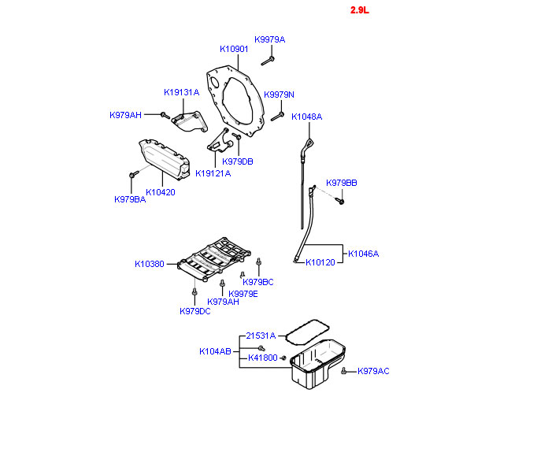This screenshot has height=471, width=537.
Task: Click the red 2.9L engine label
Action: (359, 10)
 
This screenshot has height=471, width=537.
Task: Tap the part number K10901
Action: (234, 49)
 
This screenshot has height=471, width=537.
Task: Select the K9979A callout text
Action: (269, 39)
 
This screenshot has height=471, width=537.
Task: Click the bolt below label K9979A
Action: (268, 61)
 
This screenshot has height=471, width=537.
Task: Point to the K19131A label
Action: (182, 92)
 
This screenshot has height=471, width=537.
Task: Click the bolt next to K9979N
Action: (277, 117)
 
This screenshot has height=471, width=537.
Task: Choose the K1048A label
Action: (307, 117)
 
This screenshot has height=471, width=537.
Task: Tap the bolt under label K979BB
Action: (339, 201)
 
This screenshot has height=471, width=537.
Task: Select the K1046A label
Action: (363, 254)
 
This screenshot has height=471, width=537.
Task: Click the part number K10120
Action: (320, 262)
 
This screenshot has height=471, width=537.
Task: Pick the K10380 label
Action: (150, 264)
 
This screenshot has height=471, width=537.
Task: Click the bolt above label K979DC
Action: (194, 292)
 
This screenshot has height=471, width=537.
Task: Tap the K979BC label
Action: (258, 282)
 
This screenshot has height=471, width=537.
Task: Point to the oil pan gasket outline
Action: (307, 333)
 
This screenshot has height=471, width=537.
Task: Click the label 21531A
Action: (261, 336)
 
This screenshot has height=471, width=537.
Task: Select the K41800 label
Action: (263, 358)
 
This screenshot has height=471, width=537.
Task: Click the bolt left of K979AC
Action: (343, 371)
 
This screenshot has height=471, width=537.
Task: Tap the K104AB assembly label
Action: (215, 351)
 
